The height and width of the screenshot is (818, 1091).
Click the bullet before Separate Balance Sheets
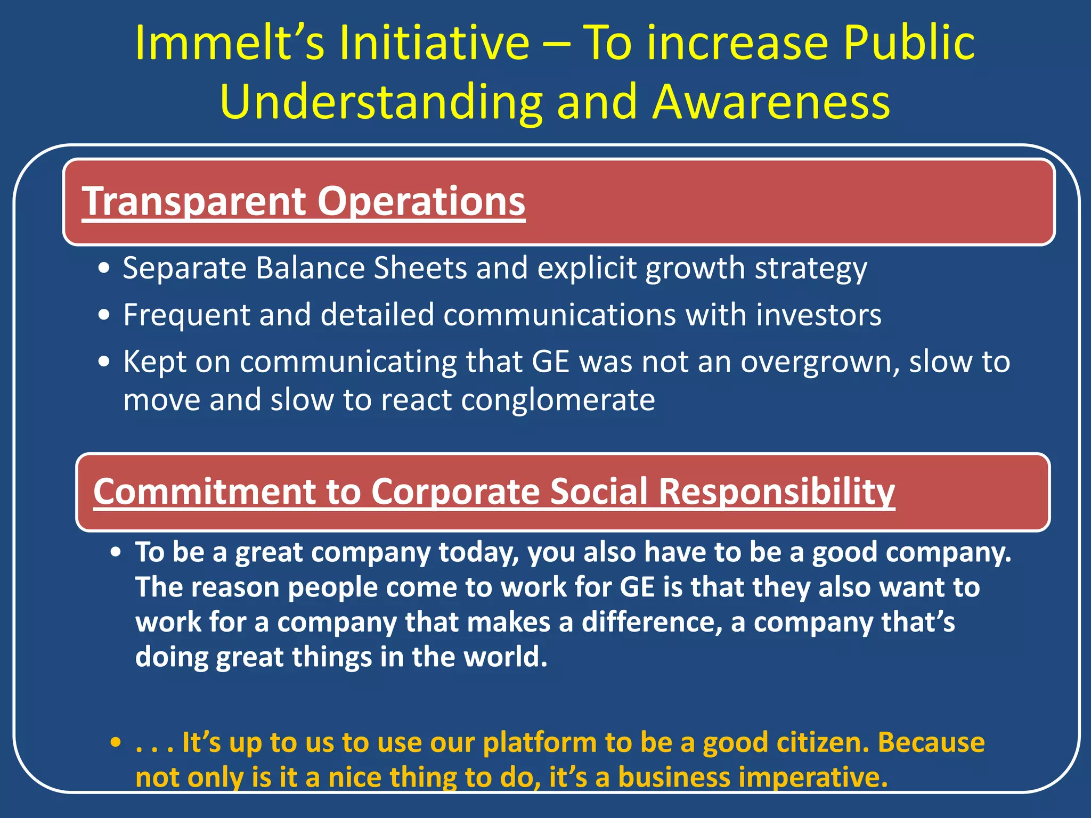104,268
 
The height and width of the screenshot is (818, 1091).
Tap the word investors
819,315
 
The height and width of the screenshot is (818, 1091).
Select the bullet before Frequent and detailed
104,315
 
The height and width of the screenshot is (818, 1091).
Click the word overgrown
820,362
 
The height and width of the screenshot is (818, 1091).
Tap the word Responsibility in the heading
777,491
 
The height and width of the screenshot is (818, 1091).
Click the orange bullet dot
116,742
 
